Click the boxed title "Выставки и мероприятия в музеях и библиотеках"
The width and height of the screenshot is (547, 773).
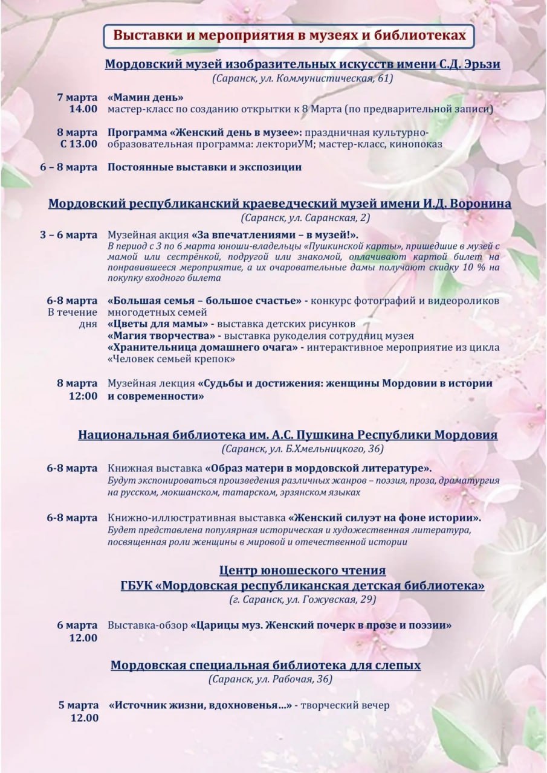290,35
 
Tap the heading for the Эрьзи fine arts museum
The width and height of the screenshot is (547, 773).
302,65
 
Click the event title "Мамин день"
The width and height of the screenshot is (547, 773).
146,97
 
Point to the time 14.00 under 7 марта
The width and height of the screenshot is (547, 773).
84,109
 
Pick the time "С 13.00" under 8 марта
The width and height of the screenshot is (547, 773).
78,144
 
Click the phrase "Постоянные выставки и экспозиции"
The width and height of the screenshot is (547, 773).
204,167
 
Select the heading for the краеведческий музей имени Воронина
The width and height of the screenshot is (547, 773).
279,204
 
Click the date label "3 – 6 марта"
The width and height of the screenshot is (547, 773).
69,235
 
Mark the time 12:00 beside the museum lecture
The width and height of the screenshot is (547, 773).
84,396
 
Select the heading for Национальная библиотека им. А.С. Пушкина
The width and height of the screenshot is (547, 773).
288,435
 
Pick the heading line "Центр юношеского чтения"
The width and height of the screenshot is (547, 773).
302,570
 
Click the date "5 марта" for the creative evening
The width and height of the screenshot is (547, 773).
78,705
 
